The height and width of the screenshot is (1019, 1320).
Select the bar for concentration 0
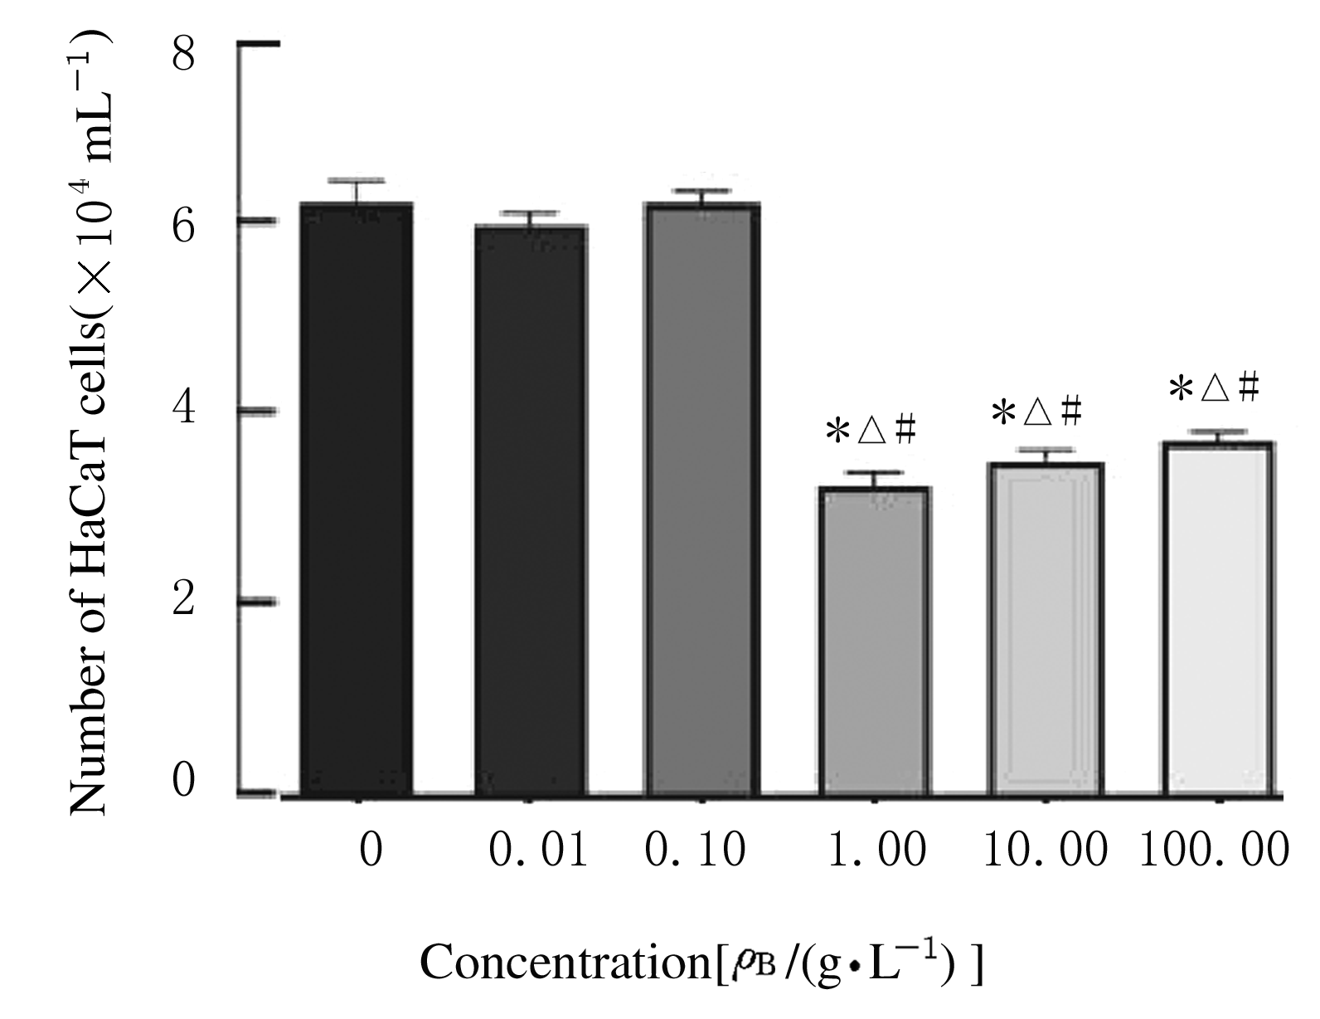[x=357, y=498]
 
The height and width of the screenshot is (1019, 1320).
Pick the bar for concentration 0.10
[x=703, y=498]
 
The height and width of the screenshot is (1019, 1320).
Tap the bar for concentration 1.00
[x=874, y=643]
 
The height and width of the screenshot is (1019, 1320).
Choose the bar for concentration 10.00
[x=1045, y=631]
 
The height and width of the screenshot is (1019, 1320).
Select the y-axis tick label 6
[x=184, y=224]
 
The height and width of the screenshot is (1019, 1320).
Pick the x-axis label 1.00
[x=877, y=851]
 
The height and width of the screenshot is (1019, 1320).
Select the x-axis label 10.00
[x=1045, y=851]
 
